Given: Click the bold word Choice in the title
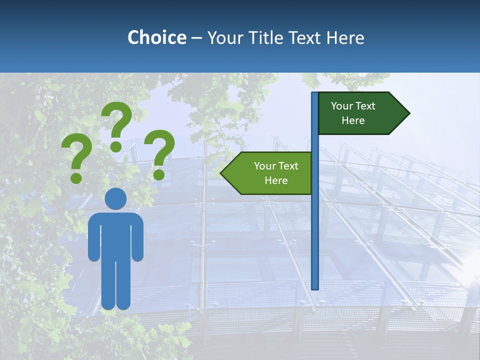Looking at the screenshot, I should tap(156, 37).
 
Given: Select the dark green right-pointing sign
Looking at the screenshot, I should tap(357, 113).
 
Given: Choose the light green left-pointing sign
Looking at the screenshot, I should tap(270, 173).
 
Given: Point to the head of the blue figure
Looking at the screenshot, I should tap(115, 199).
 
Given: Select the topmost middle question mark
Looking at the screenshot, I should tap(117, 125).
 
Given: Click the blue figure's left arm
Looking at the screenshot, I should tap(94, 237).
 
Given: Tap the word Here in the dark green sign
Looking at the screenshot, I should tap(353, 120).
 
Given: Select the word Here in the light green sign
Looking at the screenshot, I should tap(276, 180).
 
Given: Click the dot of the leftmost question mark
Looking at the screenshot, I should tap(76, 177).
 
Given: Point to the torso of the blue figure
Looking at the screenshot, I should tap(115, 235).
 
